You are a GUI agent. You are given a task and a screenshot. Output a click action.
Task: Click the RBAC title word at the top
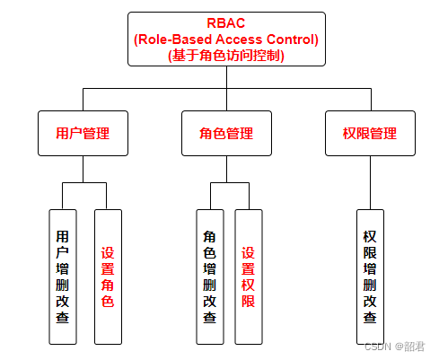[x=225, y=22]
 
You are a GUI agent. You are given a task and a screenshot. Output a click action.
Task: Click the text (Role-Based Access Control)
[x=225, y=39]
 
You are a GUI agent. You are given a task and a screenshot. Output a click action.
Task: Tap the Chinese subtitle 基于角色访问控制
[x=225, y=55]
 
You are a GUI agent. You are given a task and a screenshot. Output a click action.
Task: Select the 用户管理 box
[x=83, y=133]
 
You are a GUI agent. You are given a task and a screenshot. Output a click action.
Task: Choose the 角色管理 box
[x=225, y=133]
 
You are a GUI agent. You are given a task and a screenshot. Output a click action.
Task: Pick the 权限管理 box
[x=370, y=133]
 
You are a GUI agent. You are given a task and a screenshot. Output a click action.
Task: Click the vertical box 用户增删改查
[x=62, y=277]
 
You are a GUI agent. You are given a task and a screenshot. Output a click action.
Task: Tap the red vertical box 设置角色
[x=107, y=277]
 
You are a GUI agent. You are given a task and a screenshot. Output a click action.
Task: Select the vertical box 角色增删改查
[x=209, y=277]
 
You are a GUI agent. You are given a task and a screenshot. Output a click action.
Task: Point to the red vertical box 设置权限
[x=249, y=277]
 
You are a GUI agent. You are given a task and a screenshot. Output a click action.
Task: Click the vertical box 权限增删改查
[x=370, y=277]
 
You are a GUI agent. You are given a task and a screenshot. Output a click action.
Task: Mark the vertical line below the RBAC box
[x=225, y=77]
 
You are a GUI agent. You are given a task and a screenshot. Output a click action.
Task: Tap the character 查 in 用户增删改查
[x=62, y=317]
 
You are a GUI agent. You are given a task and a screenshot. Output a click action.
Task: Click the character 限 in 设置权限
[x=249, y=301]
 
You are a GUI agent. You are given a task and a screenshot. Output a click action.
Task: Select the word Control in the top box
[x=294, y=39]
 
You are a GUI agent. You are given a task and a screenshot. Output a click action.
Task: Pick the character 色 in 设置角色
[x=107, y=301]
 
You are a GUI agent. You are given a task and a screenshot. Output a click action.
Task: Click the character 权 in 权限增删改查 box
[x=370, y=236]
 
